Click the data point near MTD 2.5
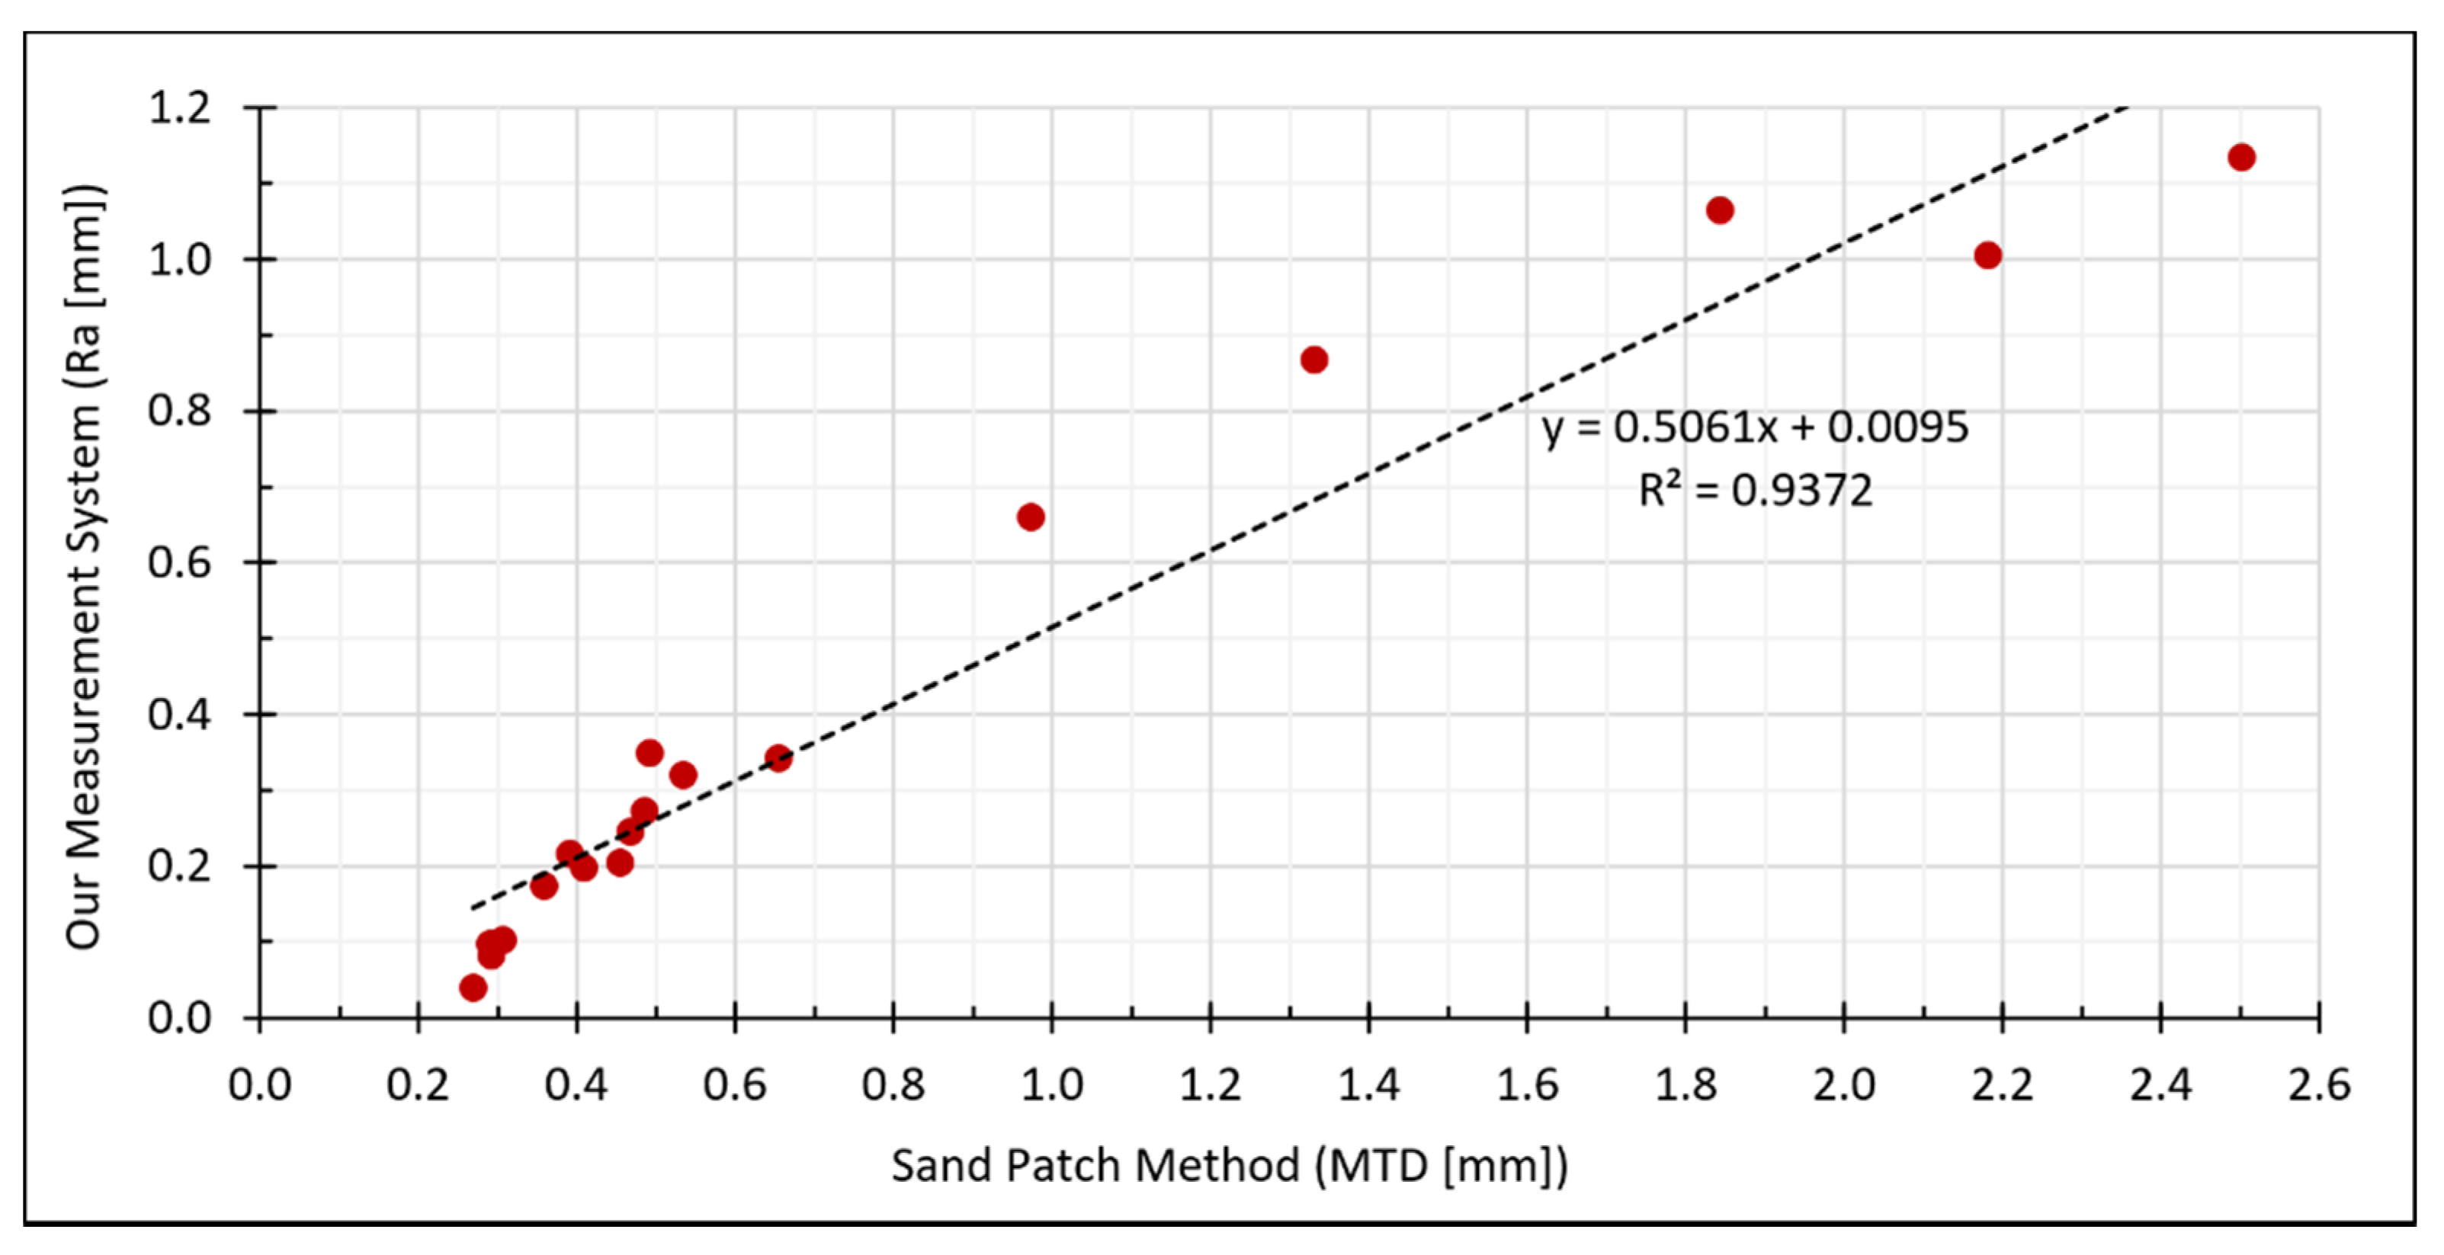[x=2241, y=158]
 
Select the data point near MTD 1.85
[x=1719, y=210]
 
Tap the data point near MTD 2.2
[x=1987, y=255]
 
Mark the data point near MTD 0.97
[x=1031, y=517]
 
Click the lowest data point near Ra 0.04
[x=473, y=988]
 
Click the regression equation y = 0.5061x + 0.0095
[x=1754, y=427]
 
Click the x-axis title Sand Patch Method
[x=1229, y=1165]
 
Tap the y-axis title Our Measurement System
[x=84, y=566]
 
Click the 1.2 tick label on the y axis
[x=179, y=108]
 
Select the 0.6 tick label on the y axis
[x=179, y=562]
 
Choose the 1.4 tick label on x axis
[x=1368, y=1085]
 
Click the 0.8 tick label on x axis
[x=893, y=1085]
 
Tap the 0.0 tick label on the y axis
[x=179, y=1018]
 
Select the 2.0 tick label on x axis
[x=1843, y=1085]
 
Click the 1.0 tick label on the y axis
[x=179, y=260]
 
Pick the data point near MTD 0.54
[x=683, y=775]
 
